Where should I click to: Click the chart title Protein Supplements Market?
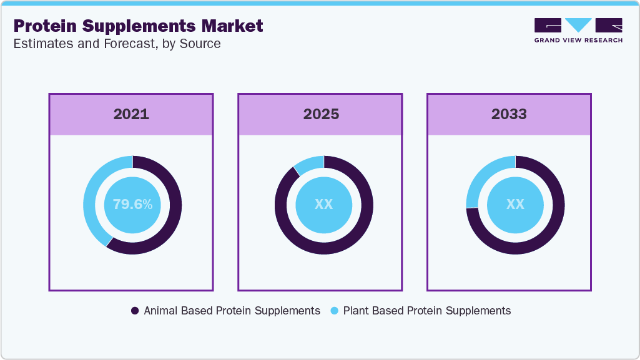pos(138,26)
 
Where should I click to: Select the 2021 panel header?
pos(131,114)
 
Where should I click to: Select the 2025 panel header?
pos(321,114)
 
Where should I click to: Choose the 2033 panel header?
pos(509,114)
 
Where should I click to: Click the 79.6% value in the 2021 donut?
pos(132,204)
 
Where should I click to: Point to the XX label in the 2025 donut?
pos(323,204)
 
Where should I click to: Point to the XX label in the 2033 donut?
pos(515,204)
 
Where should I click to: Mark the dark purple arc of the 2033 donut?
pos(549,231)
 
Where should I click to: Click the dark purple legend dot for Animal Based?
pos(135,311)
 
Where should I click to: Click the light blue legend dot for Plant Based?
pos(334,311)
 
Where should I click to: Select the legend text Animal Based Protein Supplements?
pos(232,311)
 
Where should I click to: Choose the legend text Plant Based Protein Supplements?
pos(426,311)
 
